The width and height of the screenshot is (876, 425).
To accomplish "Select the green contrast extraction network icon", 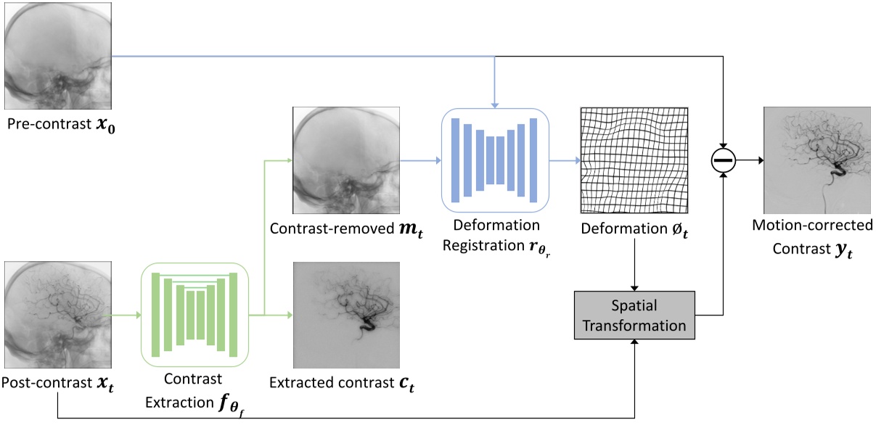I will click(x=195, y=314).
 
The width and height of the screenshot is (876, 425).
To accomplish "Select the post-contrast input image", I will click(x=56, y=315).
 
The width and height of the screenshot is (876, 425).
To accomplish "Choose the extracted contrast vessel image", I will click(x=347, y=316).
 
